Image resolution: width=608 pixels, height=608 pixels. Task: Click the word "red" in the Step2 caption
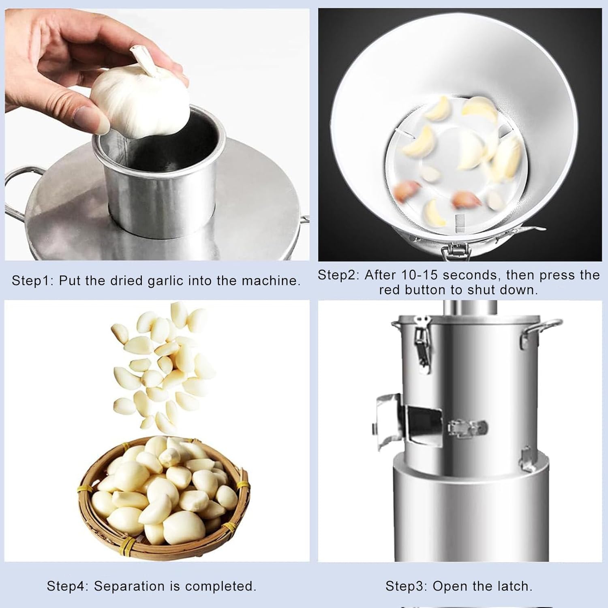click(390, 290)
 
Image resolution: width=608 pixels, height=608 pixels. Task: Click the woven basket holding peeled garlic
click(162, 539)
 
